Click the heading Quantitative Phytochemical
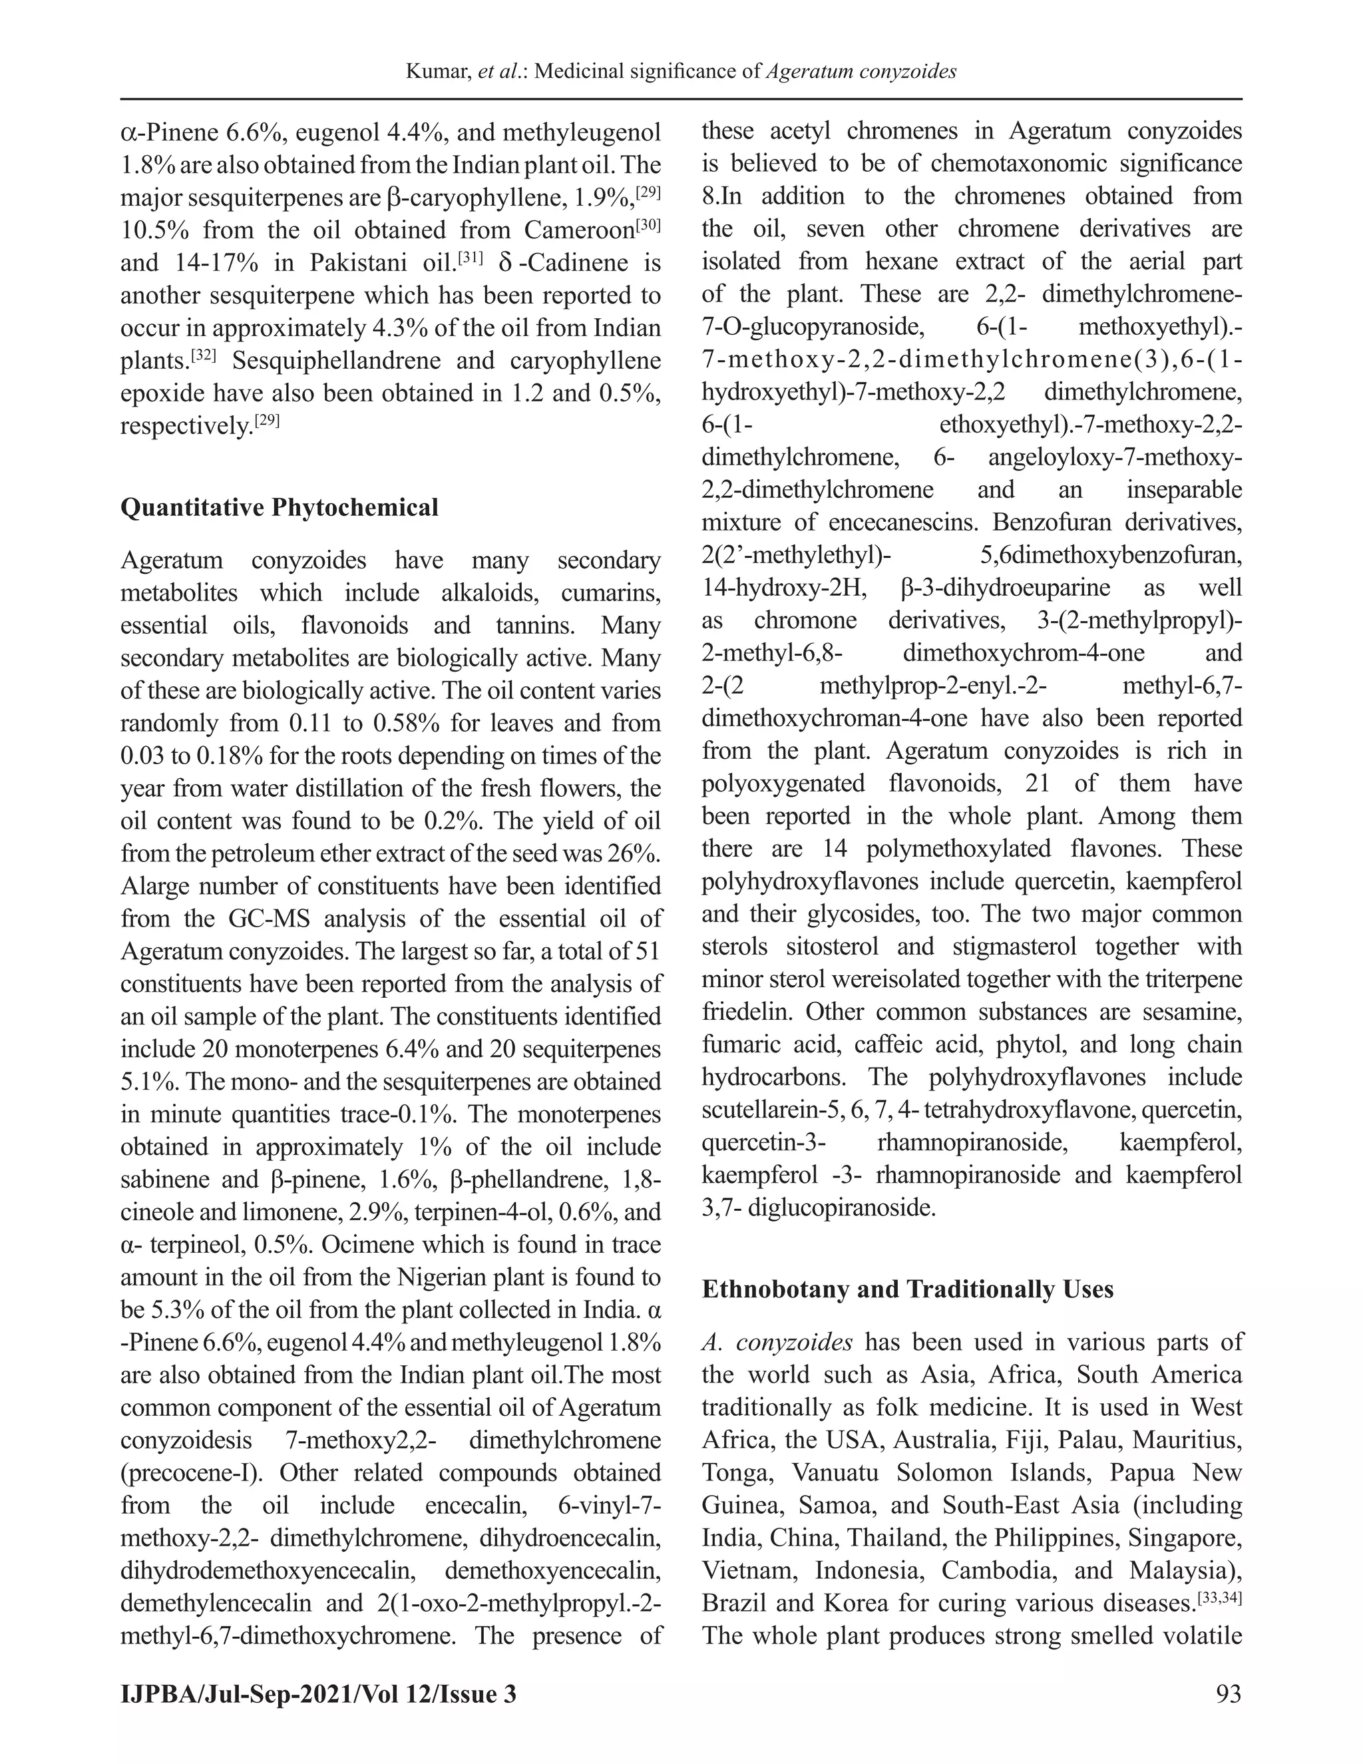[279, 507]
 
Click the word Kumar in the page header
[438, 72]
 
